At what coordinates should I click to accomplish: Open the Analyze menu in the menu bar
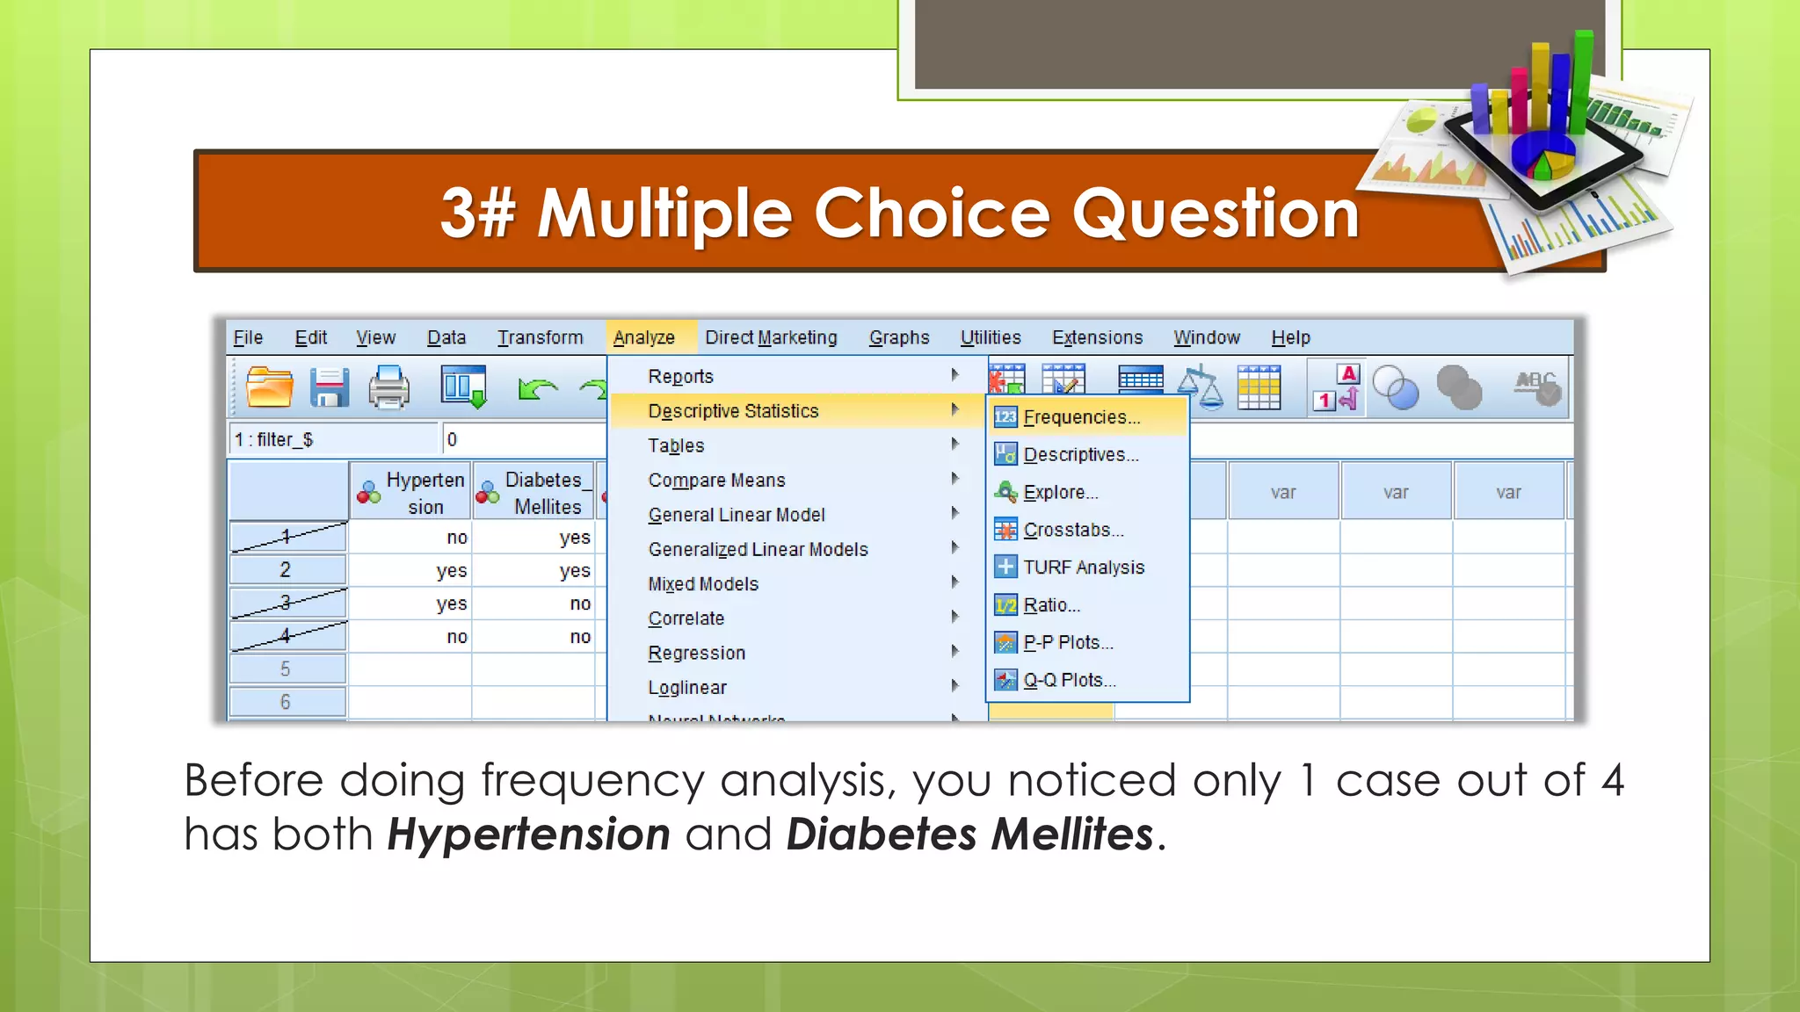(644, 337)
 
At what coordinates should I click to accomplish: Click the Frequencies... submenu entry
(1081, 417)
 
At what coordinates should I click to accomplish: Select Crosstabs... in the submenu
(1073, 530)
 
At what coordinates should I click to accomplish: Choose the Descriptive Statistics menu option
(733, 411)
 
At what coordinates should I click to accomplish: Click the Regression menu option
(696, 653)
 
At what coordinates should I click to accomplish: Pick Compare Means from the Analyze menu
(716, 481)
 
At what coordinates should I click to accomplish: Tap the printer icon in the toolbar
(388, 388)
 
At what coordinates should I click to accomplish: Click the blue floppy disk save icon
(330, 388)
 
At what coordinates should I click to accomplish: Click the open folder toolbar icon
(269, 387)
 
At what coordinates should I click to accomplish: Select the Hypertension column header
(411, 493)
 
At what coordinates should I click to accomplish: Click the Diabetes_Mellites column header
(535, 493)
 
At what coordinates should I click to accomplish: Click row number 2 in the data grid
(286, 570)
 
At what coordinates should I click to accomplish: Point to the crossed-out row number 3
(286, 603)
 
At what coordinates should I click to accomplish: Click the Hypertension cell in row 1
(410, 538)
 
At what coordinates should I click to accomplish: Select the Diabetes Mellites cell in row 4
(535, 637)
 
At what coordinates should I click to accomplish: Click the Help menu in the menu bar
(1290, 337)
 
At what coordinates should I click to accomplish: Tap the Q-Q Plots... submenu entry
(1069, 680)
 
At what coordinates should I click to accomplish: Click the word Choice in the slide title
(932, 213)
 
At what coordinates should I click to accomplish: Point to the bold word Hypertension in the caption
(529, 834)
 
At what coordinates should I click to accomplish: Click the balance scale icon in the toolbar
(1200, 387)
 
